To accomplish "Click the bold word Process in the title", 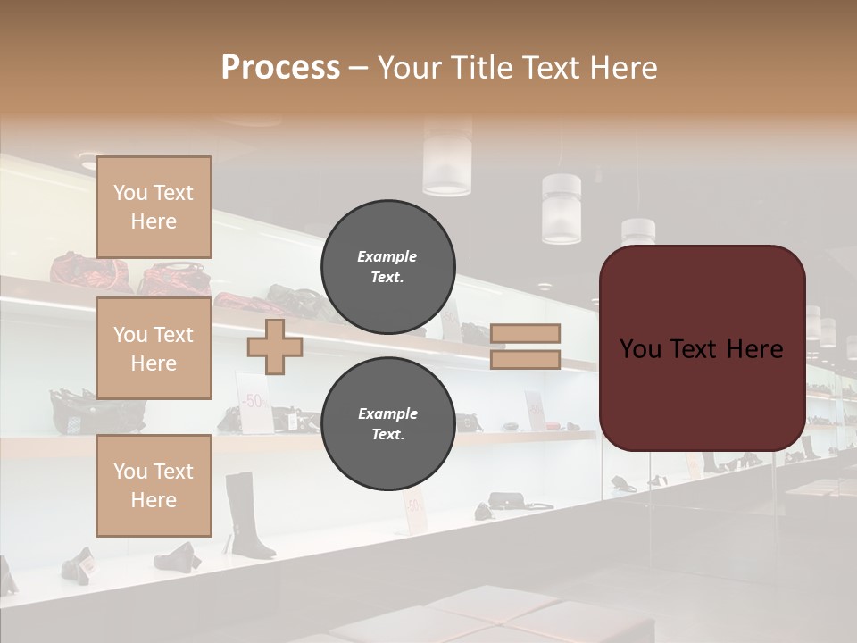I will point(280,68).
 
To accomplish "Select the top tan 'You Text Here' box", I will point(154,207).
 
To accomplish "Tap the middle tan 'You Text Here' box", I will point(154,348).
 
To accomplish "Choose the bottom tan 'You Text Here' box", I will point(154,486).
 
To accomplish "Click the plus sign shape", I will point(275,347).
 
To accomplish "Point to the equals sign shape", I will point(526,347).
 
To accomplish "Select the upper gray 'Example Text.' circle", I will point(387,266).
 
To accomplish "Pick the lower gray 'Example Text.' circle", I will point(387,423).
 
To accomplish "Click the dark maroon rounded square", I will point(702,348).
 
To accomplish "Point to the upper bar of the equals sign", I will point(526,333).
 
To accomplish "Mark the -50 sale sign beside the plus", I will point(254,399).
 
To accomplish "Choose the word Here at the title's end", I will point(625,68).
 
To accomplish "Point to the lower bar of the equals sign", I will point(526,360).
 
